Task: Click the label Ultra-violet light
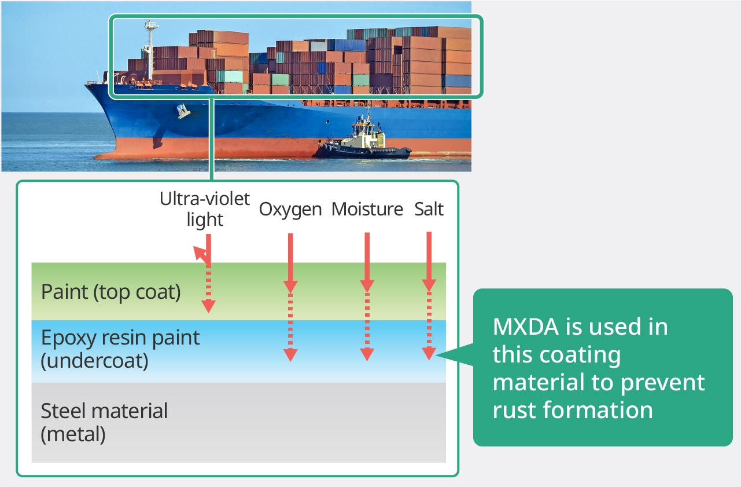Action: pos(205,209)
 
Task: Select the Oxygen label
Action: pos(290,209)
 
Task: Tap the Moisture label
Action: pos(367,209)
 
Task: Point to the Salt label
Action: pos(429,209)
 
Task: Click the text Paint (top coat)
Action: pos(111,292)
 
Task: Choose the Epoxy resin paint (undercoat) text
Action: pos(120,349)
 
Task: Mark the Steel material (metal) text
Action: pos(104,422)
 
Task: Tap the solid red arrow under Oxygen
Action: pos(290,261)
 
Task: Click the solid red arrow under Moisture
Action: pos(367,261)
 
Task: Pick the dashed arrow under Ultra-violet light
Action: pos(208,290)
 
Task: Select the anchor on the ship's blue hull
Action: pos(183,110)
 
